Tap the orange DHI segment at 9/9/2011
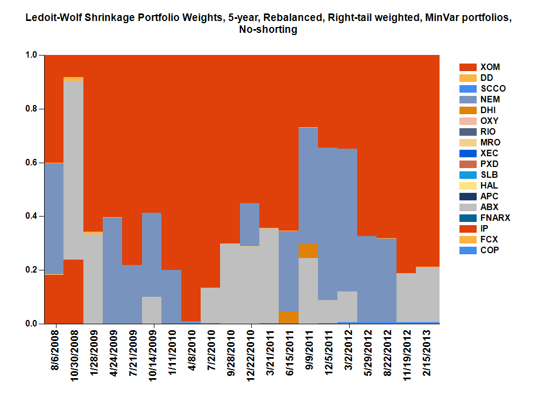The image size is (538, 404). (x=309, y=251)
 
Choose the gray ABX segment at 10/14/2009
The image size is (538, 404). (x=152, y=310)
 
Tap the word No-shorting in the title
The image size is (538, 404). (x=268, y=30)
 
